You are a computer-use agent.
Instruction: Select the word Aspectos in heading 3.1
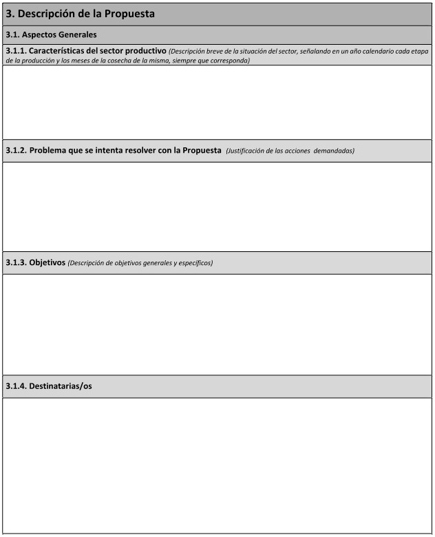pos(42,34)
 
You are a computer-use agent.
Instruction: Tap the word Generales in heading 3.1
pos(79,34)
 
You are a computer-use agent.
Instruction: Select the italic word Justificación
pos(246,151)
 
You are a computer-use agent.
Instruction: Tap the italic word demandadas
pos(334,151)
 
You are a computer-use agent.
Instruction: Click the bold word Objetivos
pos(47,262)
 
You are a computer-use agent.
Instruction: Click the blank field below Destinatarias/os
pos(217,465)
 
